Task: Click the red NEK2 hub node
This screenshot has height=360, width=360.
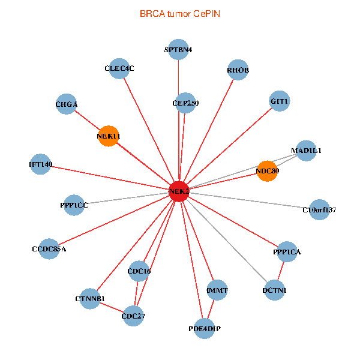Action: point(179,191)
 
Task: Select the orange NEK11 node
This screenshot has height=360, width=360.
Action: point(108,136)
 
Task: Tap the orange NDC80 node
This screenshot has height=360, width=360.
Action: point(267,170)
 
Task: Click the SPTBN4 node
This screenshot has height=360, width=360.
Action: point(178,49)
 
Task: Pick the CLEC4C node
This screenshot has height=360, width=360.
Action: point(119,68)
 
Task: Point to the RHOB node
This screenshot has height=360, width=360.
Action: point(238,70)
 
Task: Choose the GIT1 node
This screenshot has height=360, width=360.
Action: point(280,101)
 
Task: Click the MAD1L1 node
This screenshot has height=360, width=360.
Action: point(306,151)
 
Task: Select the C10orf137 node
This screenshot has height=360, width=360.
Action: point(319,209)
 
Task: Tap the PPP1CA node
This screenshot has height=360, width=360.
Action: point(286,252)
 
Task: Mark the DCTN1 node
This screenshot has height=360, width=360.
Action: point(274,290)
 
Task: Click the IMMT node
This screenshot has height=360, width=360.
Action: point(217,290)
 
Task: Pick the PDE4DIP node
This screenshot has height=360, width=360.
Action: point(205,328)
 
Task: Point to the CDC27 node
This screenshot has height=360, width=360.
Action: point(133,316)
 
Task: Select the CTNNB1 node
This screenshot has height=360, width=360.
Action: point(90,298)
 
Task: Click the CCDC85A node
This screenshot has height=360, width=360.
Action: point(49,248)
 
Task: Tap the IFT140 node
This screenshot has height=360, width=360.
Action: point(41,164)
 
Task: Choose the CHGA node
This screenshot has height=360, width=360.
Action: point(67,104)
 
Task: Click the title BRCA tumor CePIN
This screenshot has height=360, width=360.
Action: point(179,13)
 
